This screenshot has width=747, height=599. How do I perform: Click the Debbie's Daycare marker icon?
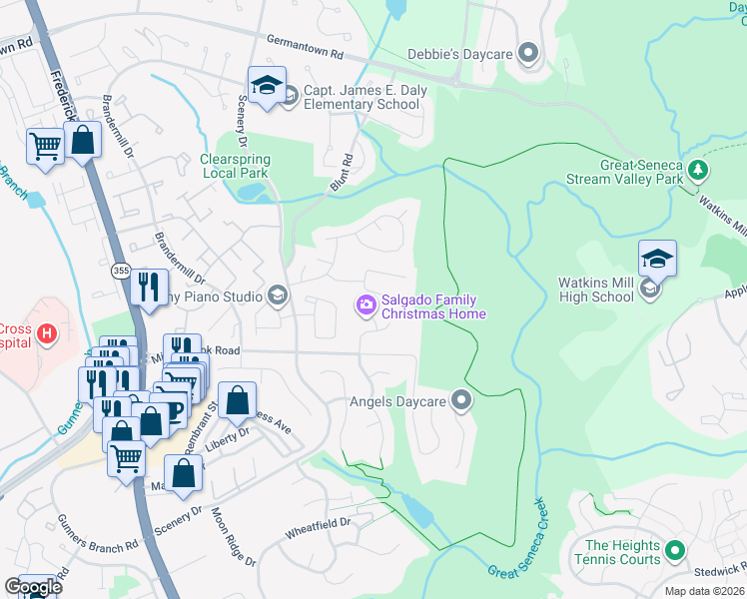click(x=529, y=54)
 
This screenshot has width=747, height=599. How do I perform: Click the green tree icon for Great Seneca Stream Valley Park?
click(x=698, y=172)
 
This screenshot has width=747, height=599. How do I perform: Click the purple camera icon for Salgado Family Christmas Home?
click(x=367, y=303)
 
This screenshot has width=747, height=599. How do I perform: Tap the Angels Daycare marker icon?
click(x=460, y=401)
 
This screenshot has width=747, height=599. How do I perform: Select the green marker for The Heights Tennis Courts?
click(x=675, y=549)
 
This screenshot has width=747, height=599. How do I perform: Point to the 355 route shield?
click(x=121, y=271)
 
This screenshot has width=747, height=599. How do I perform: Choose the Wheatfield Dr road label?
click(x=319, y=522)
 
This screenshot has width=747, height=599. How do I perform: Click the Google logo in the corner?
click(x=33, y=586)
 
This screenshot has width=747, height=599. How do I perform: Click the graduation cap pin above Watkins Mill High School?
click(x=657, y=259)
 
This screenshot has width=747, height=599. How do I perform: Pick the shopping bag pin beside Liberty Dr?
click(x=237, y=401)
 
